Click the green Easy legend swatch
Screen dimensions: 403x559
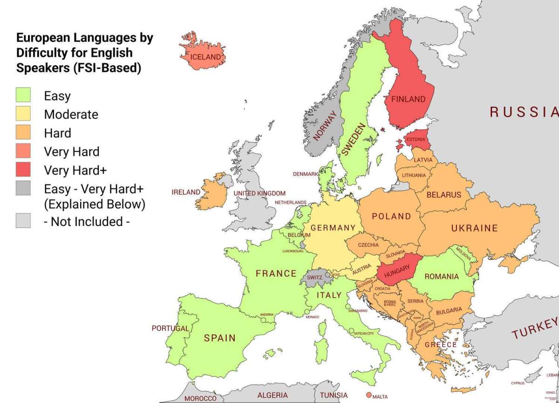pyautogui.click(x=23, y=95)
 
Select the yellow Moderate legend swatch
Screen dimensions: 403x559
pyautogui.click(x=23, y=114)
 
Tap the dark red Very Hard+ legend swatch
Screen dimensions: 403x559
pyautogui.click(x=23, y=170)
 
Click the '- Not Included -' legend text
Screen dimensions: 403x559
pyautogui.click(x=87, y=221)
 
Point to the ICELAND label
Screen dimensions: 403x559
pyautogui.click(x=205, y=57)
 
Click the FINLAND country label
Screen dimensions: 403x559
pyautogui.click(x=408, y=99)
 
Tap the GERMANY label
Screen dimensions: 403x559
pyautogui.click(x=333, y=228)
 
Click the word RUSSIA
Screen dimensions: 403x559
pyautogui.click(x=523, y=112)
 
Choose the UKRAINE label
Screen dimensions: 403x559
pyautogui.click(x=474, y=228)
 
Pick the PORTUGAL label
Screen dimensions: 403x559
pyautogui.click(x=170, y=328)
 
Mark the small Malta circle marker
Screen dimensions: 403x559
pyautogui.click(x=369, y=396)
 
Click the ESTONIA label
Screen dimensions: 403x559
pyautogui.click(x=416, y=139)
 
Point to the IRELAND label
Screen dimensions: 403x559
pyautogui.click(x=186, y=192)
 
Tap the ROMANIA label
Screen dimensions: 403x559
pyautogui.click(x=442, y=276)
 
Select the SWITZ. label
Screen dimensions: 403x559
pyautogui.click(x=315, y=277)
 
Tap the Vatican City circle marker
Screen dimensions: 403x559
pyautogui.click(x=351, y=330)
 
